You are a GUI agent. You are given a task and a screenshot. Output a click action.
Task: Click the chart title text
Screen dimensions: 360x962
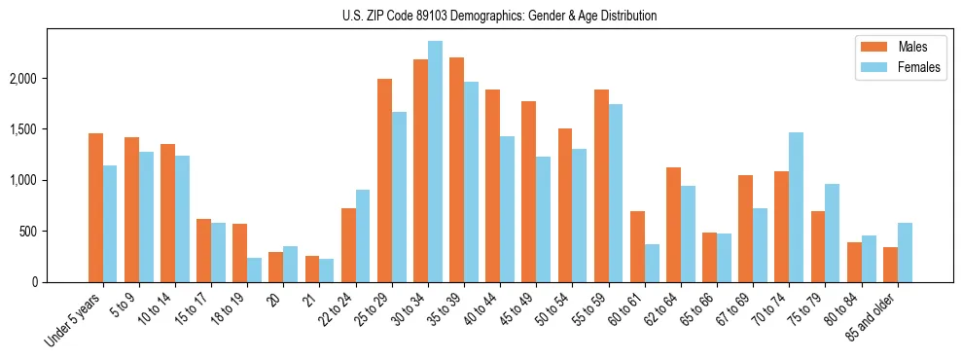pyautogui.click(x=500, y=16)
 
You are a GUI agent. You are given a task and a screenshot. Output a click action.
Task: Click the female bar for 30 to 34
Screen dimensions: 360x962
pyautogui.click(x=435, y=162)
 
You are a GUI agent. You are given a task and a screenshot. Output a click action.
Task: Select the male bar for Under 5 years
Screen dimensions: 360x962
pyautogui.click(x=95, y=208)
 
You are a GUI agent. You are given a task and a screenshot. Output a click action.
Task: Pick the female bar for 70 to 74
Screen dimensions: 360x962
pyautogui.click(x=796, y=207)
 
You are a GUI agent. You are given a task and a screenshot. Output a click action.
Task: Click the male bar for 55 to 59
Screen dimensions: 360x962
pyautogui.click(x=601, y=186)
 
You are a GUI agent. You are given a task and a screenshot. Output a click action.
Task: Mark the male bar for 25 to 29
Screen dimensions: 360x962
pyautogui.click(x=384, y=181)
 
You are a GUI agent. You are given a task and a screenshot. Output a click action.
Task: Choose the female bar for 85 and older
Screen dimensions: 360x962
pyautogui.click(x=905, y=253)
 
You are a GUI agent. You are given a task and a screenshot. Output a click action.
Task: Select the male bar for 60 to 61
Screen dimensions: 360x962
pyautogui.click(x=637, y=247)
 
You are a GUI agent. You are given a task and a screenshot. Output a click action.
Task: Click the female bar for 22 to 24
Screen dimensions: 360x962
pyautogui.click(x=363, y=236)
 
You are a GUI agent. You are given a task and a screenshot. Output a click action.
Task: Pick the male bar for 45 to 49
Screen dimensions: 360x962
pyautogui.click(x=528, y=192)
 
